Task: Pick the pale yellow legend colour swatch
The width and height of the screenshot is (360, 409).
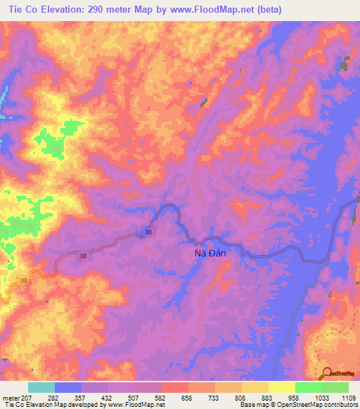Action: (281, 387)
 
